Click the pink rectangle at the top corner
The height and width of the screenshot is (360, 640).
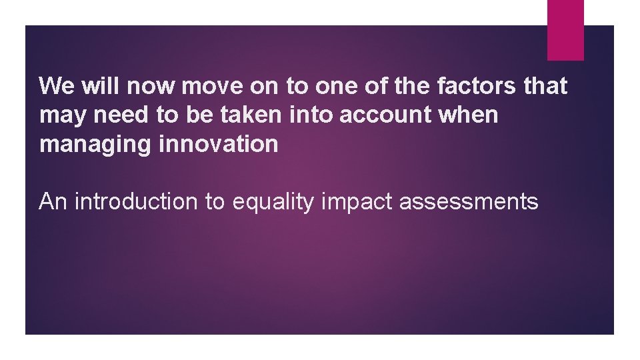565,29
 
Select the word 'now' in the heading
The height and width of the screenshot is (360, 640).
150,86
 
